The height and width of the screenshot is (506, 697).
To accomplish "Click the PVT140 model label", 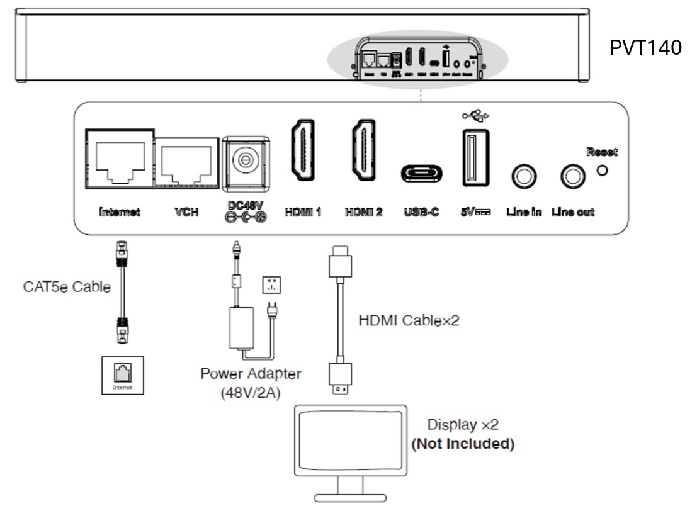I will [645, 48].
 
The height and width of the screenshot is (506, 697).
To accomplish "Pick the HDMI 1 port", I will [303, 149].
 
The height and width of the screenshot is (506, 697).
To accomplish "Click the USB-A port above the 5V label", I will [474, 157].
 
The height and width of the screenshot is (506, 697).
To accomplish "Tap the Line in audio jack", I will [523, 178].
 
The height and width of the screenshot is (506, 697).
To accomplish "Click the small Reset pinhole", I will [603, 171].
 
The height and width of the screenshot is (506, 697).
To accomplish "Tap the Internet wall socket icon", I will [120, 376].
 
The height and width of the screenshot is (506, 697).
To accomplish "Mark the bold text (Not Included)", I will [463, 444].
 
